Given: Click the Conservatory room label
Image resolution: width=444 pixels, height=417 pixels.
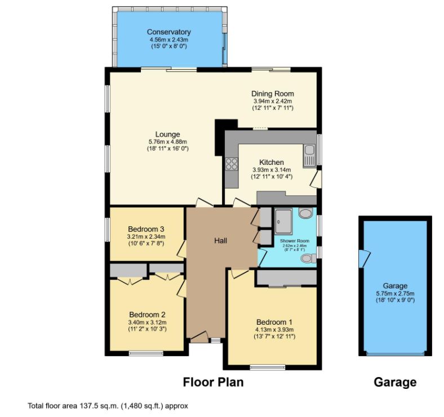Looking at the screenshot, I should [x=168, y=32].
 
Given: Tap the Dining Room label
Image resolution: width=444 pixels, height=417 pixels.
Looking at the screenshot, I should [x=272, y=94].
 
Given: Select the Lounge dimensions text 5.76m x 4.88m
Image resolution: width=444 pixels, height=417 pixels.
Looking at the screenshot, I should [x=167, y=142].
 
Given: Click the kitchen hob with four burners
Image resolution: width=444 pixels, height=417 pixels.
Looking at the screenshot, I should [x=231, y=164].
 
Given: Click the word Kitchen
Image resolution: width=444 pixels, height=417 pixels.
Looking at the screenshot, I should [x=272, y=163].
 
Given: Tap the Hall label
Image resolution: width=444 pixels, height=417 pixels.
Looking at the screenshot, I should [x=220, y=241].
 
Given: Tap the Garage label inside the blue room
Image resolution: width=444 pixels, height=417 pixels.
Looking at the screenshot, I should [x=394, y=286].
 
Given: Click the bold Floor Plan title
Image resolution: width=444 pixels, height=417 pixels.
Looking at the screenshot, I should [x=214, y=383].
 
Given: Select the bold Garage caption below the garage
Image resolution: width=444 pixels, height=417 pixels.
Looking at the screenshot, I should [x=395, y=383].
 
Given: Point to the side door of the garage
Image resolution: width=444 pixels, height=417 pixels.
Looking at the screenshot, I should [x=362, y=259].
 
